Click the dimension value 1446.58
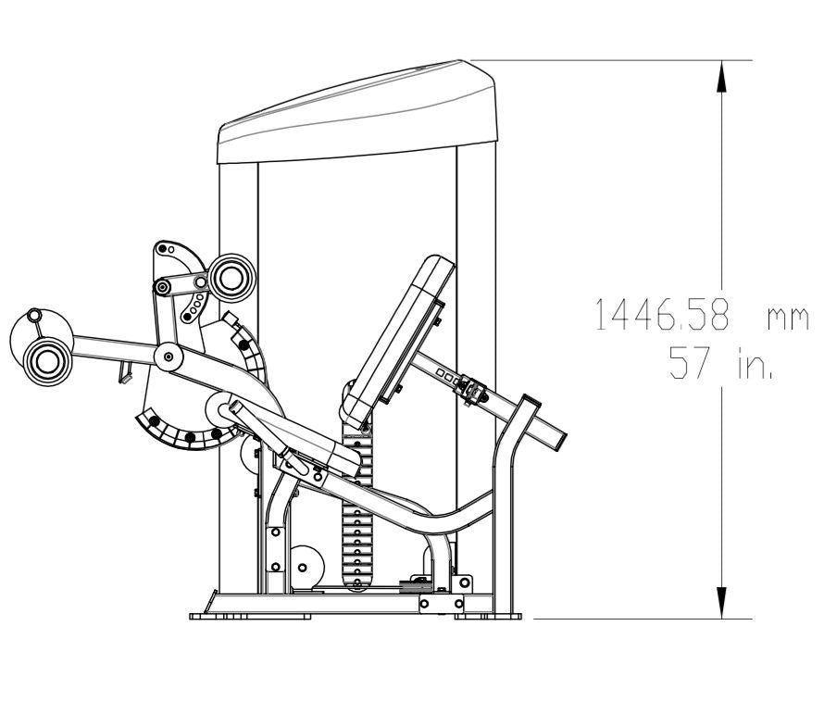(x=662, y=314)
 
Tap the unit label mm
(x=788, y=319)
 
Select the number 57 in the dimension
(x=689, y=362)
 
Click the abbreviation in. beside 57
(x=755, y=362)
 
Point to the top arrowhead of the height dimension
(x=722, y=77)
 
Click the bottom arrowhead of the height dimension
(x=722, y=603)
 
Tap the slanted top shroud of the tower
(x=357, y=112)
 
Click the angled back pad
(x=398, y=342)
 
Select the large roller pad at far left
(x=48, y=361)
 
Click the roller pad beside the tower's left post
(x=231, y=278)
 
